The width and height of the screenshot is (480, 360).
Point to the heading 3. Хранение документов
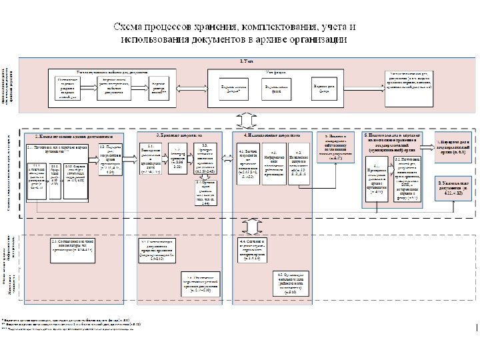click(x=179, y=136)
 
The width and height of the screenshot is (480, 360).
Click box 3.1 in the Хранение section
click(x=151, y=159)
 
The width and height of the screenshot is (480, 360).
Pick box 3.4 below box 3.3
click(x=205, y=192)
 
